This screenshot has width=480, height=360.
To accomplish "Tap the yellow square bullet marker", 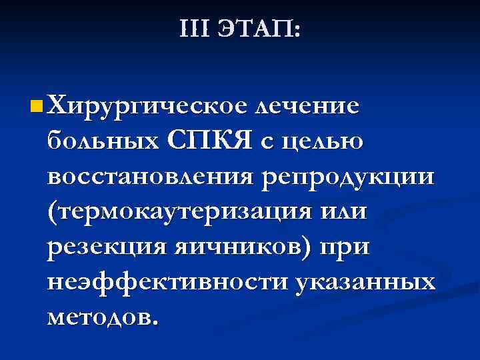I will pos(36,105).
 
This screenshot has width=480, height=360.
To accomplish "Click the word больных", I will pos(103,141).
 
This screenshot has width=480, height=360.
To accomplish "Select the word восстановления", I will pos(150,177).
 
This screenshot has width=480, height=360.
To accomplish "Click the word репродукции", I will pos(349,178).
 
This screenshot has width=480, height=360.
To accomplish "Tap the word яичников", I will pos(240,248).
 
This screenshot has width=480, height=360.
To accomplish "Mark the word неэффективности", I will pos(167,283).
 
